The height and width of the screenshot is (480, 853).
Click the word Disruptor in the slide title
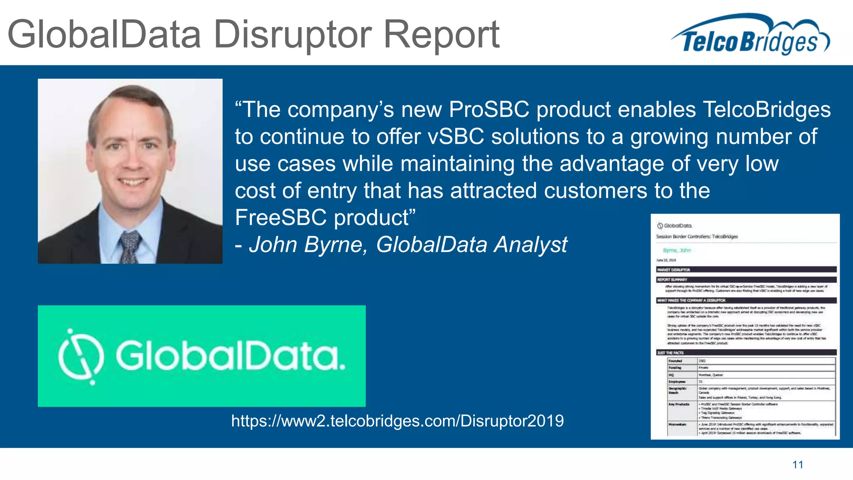[x=292, y=35]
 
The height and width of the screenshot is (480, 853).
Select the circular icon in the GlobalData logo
[x=81, y=357]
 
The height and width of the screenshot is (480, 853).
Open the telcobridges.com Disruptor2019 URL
[x=397, y=421]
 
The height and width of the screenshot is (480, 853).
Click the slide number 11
[x=798, y=465]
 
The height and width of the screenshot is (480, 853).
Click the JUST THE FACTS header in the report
[x=670, y=352]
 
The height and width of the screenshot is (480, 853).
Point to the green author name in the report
[x=677, y=250]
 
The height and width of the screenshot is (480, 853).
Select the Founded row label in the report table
[x=675, y=361]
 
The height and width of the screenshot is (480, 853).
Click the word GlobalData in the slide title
[x=104, y=35]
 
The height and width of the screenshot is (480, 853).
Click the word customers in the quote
[x=595, y=191]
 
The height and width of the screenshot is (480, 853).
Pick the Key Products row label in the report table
[x=679, y=404]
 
